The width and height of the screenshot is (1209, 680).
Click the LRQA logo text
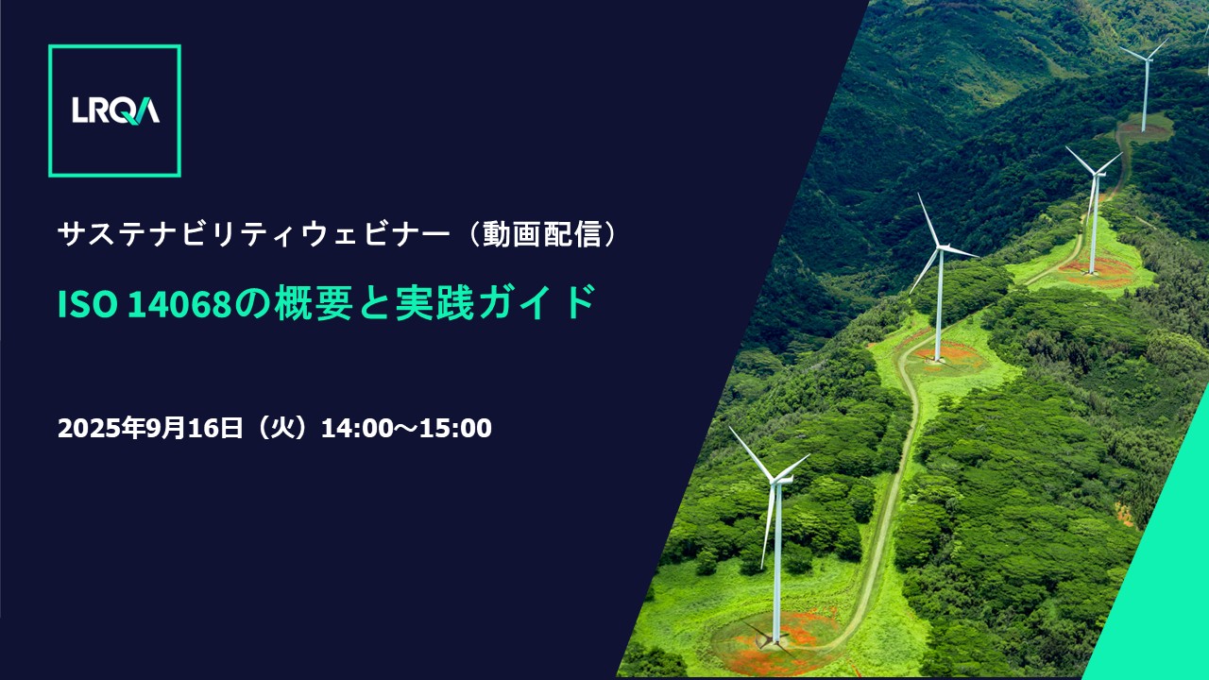[115, 110]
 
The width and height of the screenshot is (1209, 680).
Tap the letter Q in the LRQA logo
[126, 111]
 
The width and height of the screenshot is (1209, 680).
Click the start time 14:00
[357, 429]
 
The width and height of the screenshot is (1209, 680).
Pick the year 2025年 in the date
[101, 429]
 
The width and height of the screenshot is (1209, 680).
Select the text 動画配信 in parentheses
[542, 235]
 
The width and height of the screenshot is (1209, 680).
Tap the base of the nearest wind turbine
[775, 640]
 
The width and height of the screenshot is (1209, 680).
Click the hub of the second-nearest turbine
[940, 247]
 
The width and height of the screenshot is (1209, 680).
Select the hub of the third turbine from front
[1096, 174]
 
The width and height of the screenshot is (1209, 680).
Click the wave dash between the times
[406, 429]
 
